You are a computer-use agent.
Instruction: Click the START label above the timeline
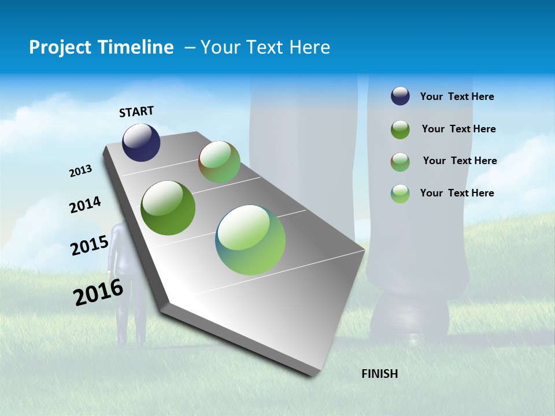point(136,112)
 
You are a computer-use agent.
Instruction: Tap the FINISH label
point(379,374)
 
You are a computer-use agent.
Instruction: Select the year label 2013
point(80,171)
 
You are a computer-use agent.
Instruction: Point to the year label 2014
point(85,205)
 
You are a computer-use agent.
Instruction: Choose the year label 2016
point(98,292)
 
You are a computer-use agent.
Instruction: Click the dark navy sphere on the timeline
point(141,143)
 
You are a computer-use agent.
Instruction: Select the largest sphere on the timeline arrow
point(250,240)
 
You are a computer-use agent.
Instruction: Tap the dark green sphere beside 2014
point(168,208)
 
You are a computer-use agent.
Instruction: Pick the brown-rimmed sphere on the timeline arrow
point(219,162)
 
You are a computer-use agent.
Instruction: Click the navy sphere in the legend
point(400,96)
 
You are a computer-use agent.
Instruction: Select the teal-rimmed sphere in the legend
point(400,194)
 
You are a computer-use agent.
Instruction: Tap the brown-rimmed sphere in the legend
point(400,162)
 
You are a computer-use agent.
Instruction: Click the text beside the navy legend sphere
point(457,97)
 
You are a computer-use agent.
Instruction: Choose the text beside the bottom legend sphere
point(457,193)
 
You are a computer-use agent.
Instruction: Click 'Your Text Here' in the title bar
point(265,47)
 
